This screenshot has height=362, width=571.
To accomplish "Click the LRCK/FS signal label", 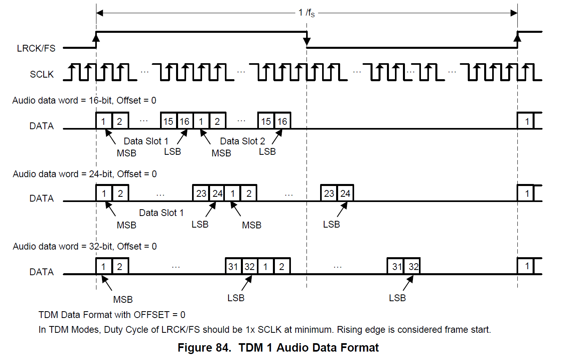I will pyautogui.click(x=36, y=48).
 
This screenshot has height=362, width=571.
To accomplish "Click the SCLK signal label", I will pyautogui.click(x=42, y=74).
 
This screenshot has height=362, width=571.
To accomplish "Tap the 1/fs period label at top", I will pyautogui.click(x=307, y=13).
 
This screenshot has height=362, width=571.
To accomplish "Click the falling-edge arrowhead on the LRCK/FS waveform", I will pyautogui.click(x=307, y=41).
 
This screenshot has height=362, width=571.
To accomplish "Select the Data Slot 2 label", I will pyautogui.click(x=242, y=141).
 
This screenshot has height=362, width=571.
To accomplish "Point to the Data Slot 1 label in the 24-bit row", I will pyautogui.click(x=161, y=213).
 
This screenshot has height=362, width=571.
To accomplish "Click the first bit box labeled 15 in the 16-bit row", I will pyautogui.click(x=168, y=121).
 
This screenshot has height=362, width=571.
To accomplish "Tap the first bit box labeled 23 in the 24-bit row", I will pyautogui.click(x=201, y=194).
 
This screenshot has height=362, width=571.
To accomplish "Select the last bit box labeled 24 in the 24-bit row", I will pyautogui.click(x=345, y=194).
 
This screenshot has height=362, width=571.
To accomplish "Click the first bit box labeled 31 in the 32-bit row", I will pyautogui.click(x=233, y=266).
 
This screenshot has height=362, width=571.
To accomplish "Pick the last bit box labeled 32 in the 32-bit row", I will pyautogui.click(x=413, y=266).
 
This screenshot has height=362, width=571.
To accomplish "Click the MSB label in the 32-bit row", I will pyautogui.click(x=123, y=300).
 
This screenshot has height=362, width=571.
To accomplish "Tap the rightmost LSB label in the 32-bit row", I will pyautogui.click(x=397, y=298).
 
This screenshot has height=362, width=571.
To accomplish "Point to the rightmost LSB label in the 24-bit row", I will pyautogui.click(x=331, y=224).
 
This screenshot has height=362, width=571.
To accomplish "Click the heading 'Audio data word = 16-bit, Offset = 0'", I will pyautogui.click(x=84, y=100).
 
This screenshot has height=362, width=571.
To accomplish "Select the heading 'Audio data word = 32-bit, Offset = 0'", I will pyautogui.click(x=84, y=246).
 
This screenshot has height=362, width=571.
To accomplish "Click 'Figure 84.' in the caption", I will pyautogui.click(x=204, y=348).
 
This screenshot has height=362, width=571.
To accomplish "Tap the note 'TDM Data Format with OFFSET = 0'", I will pyautogui.click(x=112, y=315).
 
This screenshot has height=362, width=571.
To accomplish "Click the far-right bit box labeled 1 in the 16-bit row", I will pyautogui.click(x=527, y=121).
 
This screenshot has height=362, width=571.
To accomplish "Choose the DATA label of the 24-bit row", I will pyautogui.click(x=42, y=198).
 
